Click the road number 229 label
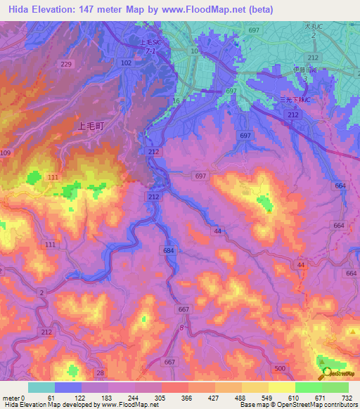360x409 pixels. pyautogui.click(x=66, y=64)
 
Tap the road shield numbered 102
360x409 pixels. pyautogui.click(x=127, y=63)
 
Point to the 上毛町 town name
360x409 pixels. pyautogui.click(x=90, y=126)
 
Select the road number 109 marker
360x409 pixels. pyautogui.click(x=6, y=153)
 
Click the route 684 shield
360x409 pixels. pyautogui.click(x=168, y=250)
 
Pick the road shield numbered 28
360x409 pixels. pyautogui.click(x=101, y=372)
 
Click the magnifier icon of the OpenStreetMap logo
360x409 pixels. pyautogui.click(x=325, y=374)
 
